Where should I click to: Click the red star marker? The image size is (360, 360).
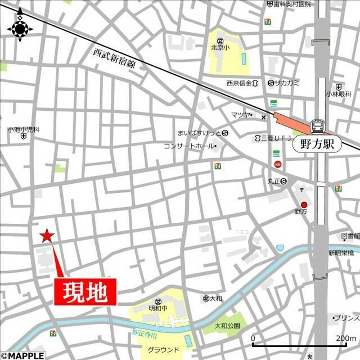pyautogui.click(x=47, y=235)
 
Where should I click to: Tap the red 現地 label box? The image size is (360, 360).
pyautogui.click(x=85, y=292)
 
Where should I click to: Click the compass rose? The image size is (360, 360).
pyautogui.click(x=20, y=26)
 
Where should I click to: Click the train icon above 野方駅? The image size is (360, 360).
pyautogui.click(x=318, y=126)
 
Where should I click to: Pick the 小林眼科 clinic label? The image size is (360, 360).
pyautogui.click(x=338, y=94)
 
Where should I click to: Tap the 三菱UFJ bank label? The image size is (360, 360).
pyautogui.click(x=273, y=138)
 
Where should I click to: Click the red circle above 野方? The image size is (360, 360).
pyautogui.click(x=304, y=204)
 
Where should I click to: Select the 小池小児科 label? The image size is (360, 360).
pyautogui.click(x=23, y=129)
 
